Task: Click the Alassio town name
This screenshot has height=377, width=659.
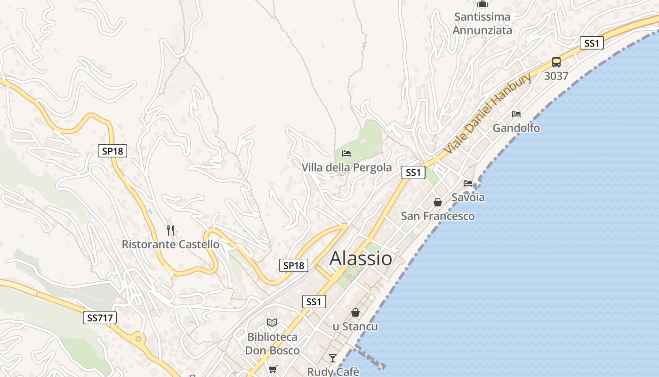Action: point(361,258)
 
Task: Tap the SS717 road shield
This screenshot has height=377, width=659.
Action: point(100,318)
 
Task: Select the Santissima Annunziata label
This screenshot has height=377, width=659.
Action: point(482,24)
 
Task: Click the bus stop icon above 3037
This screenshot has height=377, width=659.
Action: point(556,62)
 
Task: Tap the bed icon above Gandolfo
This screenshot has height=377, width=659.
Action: point(516,114)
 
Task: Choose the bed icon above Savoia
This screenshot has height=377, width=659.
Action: point(467,183)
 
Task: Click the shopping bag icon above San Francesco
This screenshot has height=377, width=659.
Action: point(438,202)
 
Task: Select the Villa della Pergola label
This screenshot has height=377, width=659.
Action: point(346,167)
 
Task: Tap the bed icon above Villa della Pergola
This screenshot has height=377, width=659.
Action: point(346,153)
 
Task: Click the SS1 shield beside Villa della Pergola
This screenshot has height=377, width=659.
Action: point(413,172)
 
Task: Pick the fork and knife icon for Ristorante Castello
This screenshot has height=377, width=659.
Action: point(170,230)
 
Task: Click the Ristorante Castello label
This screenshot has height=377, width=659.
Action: point(170,244)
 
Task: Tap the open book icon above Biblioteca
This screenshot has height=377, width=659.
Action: point(272,323)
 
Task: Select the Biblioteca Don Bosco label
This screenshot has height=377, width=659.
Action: point(272,344)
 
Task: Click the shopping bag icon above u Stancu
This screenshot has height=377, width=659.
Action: point(355,312)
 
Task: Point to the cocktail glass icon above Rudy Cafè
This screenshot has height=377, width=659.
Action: point(333,358)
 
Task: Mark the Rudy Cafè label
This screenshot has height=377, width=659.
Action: point(333,371)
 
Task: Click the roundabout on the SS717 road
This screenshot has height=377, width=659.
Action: point(138,338)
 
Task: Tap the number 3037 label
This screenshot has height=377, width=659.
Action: point(556,76)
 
